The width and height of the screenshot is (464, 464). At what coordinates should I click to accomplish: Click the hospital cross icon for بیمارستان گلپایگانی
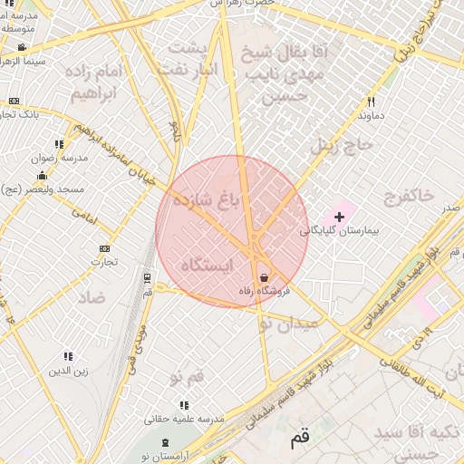[x=340, y=217]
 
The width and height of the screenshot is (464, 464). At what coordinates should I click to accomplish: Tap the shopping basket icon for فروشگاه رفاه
[x=264, y=277]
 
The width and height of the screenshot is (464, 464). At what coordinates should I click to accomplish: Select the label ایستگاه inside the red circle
[x=208, y=265]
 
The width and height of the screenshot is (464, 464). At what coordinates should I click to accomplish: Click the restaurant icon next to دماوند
[x=372, y=101]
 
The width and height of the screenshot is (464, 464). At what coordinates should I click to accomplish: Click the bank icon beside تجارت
[x=105, y=248]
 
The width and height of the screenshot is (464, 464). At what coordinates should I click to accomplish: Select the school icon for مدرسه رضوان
[x=60, y=144]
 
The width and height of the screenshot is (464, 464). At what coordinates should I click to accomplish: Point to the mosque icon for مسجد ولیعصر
[x=42, y=175]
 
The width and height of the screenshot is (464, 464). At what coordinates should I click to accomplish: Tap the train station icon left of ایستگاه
[x=147, y=277]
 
